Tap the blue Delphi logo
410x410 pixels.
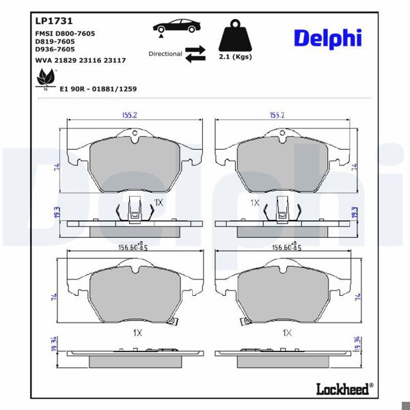click(x=328, y=38)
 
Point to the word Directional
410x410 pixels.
click(x=165, y=53)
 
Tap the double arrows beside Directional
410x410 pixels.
click(x=195, y=53)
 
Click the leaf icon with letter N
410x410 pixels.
click(x=45, y=81)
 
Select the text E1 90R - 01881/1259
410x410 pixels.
click(x=100, y=89)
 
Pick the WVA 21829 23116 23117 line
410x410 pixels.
click(x=79, y=60)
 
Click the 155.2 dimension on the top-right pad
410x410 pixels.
click(x=277, y=115)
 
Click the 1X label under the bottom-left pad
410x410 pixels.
click(x=137, y=332)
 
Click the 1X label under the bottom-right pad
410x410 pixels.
click(x=287, y=332)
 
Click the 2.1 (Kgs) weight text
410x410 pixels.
click(x=234, y=58)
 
